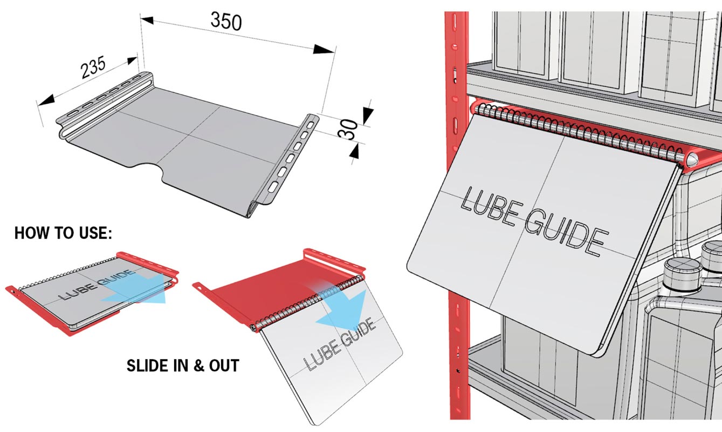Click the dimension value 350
click(226, 21)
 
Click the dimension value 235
click(93, 67)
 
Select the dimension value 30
click(349, 130)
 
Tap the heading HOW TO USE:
click(63, 233)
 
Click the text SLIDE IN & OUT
click(183, 366)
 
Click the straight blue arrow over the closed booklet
click(135, 289)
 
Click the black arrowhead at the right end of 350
click(324, 50)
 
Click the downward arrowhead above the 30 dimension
click(368, 116)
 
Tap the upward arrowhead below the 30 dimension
click(355, 152)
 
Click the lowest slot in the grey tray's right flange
click(273, 186)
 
